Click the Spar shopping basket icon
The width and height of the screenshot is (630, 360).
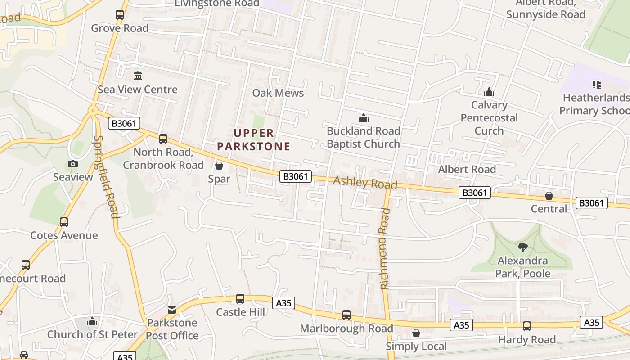(219, 166)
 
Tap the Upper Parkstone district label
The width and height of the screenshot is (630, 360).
(253, 139)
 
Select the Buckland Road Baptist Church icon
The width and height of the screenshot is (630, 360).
(363, 118)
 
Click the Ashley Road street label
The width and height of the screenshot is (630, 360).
(365, 183)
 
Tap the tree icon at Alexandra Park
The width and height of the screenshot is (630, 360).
(522, 247)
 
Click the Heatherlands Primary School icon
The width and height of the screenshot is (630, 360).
(597, 85)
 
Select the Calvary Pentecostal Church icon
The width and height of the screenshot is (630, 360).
(489, 92)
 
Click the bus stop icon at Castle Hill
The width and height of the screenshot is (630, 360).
(240, 298)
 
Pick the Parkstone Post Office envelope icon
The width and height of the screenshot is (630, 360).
(172, 310)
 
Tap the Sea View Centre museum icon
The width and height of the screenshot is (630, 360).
(138, 76)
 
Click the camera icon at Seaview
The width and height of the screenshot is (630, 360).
(72, 164)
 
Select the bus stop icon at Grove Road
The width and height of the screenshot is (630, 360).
(120, 14)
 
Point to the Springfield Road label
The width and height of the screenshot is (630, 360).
(107, 177)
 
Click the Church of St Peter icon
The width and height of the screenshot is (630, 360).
(92, 321)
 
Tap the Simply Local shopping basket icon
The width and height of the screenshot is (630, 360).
(416, 333)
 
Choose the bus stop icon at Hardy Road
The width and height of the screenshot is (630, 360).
(526, 326)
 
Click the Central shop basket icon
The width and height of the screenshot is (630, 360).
(549, 196)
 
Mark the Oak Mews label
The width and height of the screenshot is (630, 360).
(278, 93)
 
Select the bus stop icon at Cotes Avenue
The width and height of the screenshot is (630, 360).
(64, 222)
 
